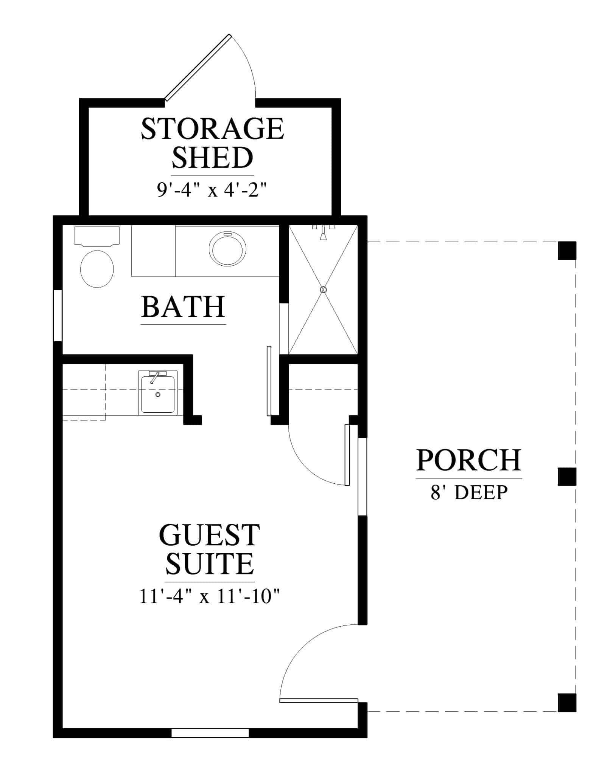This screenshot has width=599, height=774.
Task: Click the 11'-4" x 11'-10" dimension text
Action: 209,597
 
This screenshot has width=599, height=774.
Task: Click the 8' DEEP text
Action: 469,492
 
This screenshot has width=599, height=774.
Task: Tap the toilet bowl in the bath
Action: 97,269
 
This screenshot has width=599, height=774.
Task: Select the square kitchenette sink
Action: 158,393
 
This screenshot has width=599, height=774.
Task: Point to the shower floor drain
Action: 323,290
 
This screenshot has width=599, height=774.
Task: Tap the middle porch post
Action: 567,476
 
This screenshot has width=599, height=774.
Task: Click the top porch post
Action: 567,251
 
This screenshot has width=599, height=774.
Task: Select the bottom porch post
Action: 567,703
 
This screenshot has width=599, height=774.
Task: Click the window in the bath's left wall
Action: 58,316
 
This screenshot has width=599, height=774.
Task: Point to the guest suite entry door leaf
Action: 319,700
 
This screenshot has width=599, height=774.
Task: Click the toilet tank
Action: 97,235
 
